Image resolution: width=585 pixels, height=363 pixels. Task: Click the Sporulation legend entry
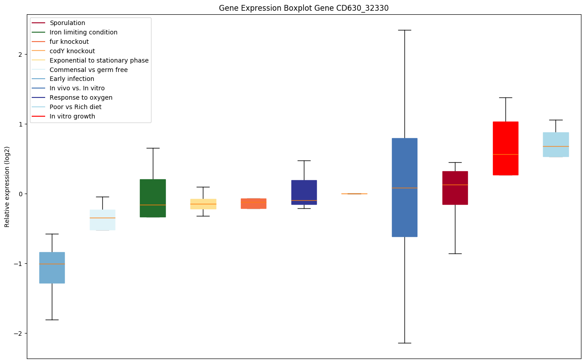tap(67, 23)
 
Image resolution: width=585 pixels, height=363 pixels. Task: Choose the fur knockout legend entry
tap(69, 42)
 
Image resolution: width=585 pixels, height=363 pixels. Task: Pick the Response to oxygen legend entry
tap(81, 97)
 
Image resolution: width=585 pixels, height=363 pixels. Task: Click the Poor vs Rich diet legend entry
tap(76, 107)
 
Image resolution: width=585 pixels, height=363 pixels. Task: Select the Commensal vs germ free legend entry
tap(88, 70)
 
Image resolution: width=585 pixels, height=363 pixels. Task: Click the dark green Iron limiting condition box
tap(153, 198)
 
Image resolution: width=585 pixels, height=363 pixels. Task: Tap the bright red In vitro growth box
tap(505, 148)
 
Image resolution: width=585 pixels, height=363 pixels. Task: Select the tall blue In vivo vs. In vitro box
tap(404, 187)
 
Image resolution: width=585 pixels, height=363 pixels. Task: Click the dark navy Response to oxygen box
tap(304, 192)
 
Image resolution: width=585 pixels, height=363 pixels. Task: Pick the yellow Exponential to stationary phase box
tap(203, 204)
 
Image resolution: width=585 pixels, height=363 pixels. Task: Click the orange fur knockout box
tap(253, 203)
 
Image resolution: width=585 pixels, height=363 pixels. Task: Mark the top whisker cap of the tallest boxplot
tap(404, 30)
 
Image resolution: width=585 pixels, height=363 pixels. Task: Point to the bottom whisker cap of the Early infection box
tap(52, 320)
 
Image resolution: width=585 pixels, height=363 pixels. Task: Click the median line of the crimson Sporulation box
tap(455, 185)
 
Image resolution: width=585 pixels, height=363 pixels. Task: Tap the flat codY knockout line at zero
tap(354, 194)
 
